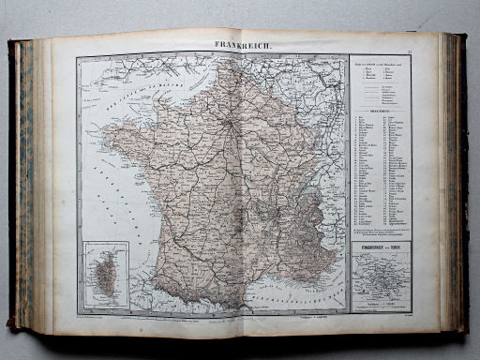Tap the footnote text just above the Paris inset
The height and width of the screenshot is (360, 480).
click(x=379, y=231)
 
